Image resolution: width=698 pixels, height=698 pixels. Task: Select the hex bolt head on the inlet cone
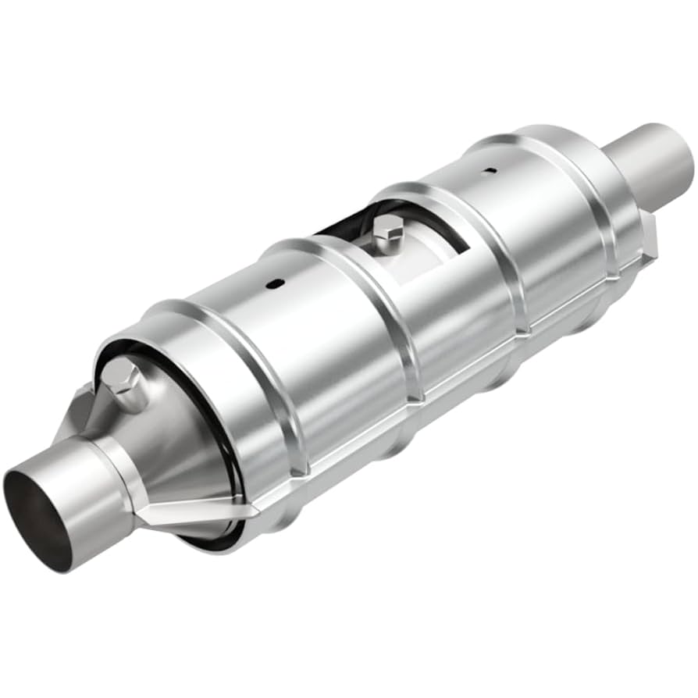click(121, 379)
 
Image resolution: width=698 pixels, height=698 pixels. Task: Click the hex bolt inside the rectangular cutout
click(387, 227)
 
